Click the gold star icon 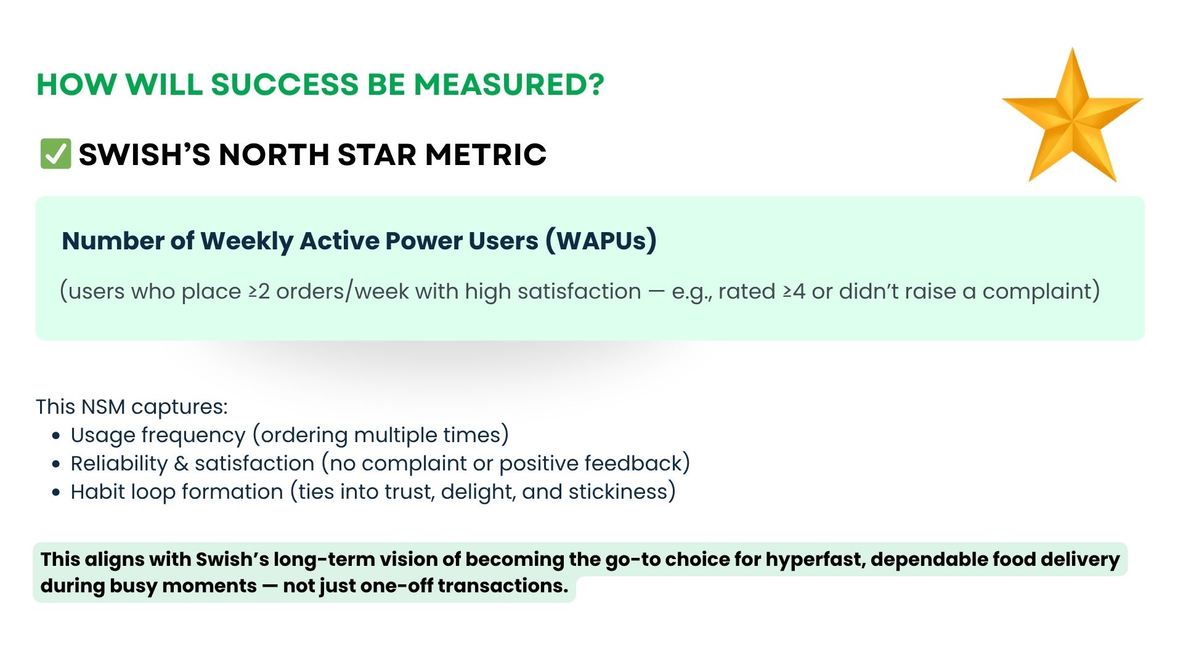point(1073,117)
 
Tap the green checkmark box point(55,153)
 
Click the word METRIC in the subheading point(486,154)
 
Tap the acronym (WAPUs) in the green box point(601,241)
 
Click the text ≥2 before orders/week point(259,291)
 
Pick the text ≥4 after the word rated point(794,291)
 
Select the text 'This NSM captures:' point(132,406)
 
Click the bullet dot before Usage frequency point(57,436)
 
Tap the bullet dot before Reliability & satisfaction point(57,464)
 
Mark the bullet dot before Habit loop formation point(57,493)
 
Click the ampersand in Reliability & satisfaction point(181,464)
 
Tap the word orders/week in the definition point(342,292)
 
